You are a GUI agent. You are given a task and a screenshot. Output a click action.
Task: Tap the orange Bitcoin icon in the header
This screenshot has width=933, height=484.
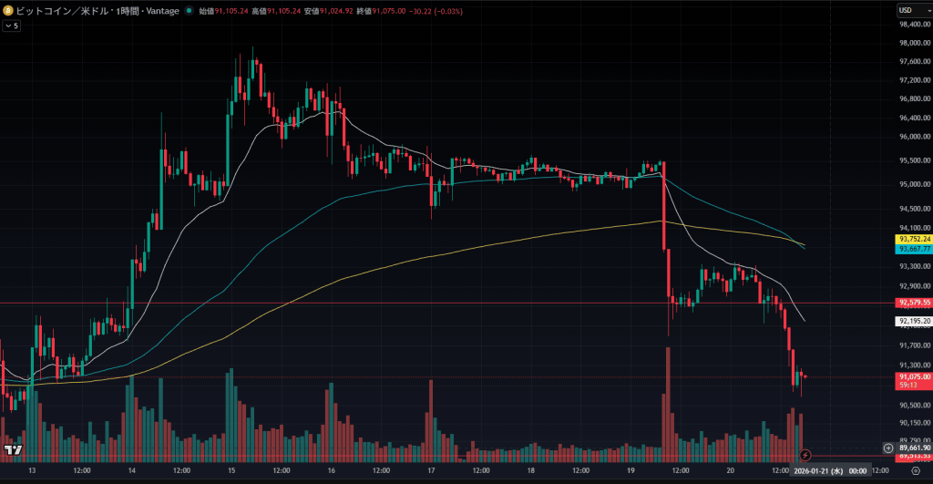click(8, 10)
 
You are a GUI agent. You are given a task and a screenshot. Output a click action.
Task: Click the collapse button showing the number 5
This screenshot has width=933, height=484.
click(12, 26)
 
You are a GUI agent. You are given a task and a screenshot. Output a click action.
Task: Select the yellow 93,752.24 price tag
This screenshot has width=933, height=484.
click(914, 240)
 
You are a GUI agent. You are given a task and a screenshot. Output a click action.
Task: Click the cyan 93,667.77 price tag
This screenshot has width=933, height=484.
click(914, 249)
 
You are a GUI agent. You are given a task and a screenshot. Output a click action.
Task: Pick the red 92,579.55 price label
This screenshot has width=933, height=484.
click(914, 303)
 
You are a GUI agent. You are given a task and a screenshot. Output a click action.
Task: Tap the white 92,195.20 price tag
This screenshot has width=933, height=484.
click(914, 321)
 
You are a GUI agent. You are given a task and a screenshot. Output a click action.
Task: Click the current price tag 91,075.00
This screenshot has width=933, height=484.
click(914, 376)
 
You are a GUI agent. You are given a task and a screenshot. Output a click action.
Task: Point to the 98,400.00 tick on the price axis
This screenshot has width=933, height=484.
click(914, 25)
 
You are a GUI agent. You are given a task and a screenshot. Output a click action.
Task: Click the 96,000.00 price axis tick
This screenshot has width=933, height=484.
click(914, 137)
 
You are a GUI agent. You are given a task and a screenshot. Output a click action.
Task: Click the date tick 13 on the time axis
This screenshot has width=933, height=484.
click(32, 470)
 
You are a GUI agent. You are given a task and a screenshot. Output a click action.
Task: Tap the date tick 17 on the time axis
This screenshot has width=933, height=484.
click(431, 470)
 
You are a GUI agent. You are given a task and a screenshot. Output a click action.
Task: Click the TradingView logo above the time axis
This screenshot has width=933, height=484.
click(13, 449)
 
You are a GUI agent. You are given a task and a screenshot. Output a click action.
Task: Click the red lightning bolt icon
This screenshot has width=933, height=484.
click(805, 454)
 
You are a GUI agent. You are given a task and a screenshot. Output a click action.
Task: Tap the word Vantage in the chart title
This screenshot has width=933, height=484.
click(161, 11)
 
